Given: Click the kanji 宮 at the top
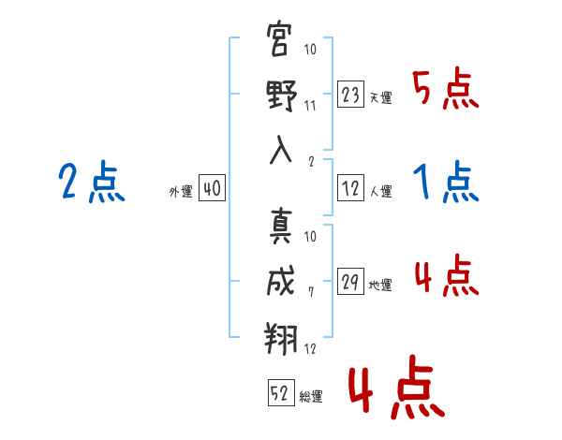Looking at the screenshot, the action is pos(278,38).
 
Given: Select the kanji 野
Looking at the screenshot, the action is pos(282,95).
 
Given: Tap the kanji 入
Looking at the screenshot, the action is pos(281,150).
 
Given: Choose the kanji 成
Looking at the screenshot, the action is pos(281,281).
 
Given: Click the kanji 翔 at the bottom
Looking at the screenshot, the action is pos(281,338).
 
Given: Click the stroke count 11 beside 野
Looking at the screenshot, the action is pos(310,106).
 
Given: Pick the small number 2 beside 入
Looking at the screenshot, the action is pos(311,162).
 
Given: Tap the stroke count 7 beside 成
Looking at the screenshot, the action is pos(311,292).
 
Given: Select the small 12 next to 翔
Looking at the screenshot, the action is pos(310,348).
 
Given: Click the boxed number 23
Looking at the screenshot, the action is pos(350,95).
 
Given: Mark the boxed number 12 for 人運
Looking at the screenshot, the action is pos(350,188).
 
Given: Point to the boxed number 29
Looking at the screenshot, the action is pos(350,281).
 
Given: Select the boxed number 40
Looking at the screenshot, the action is pos(212,188).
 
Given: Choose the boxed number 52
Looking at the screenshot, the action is pos(281,392).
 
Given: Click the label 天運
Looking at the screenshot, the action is pos(381,97).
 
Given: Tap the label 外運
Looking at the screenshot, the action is pos(181,191).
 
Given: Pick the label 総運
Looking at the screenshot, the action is pos(311,397).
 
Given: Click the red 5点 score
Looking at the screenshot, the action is pos(445,88).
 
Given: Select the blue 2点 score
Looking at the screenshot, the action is pos(92,182).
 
